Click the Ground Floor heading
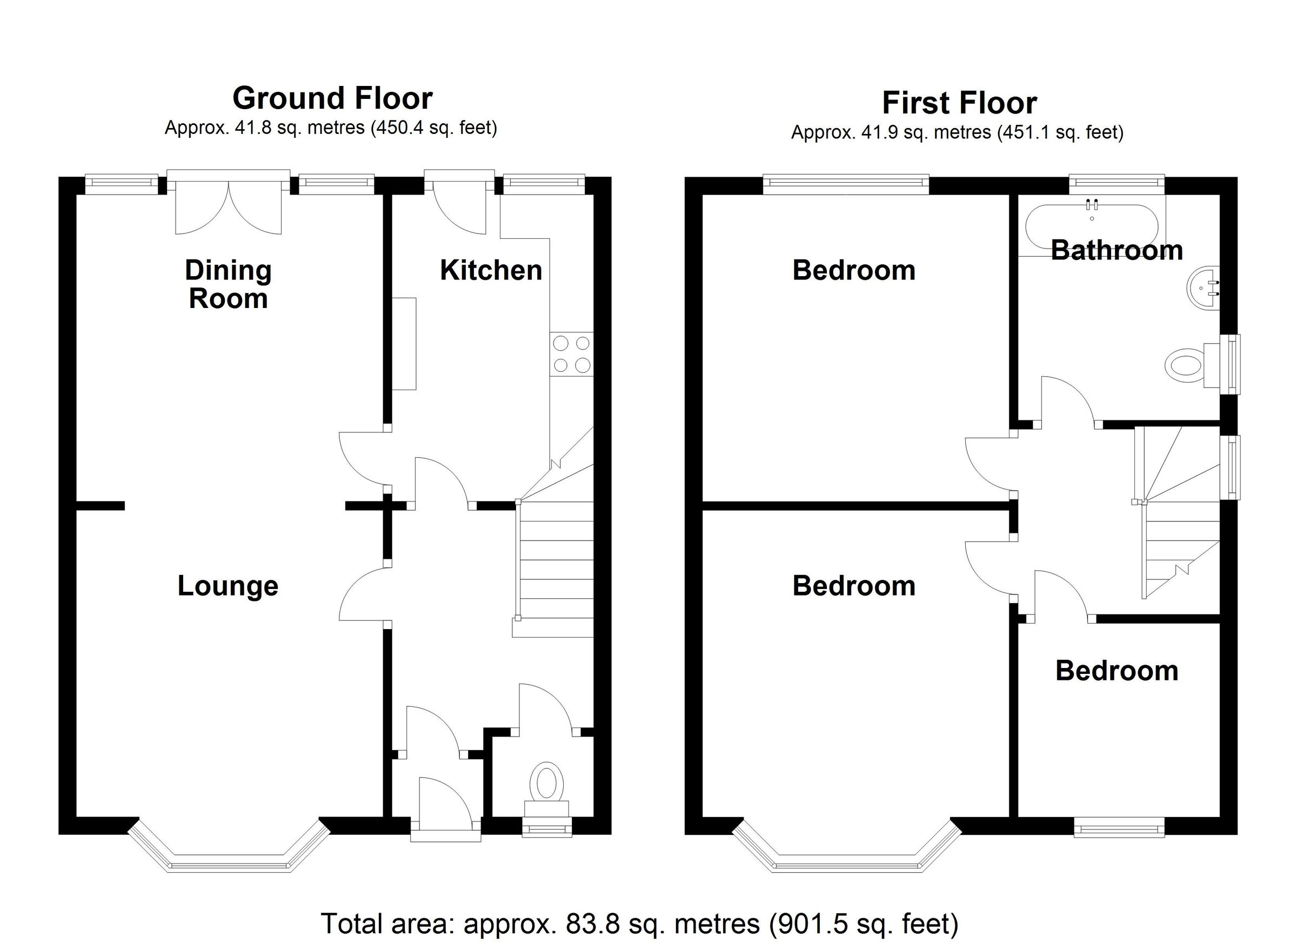(332, 98)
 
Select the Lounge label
(228, 586)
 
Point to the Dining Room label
(228, 284)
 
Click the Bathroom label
(1117, 250)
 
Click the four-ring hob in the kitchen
(571, 354)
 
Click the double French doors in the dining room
(228, 206)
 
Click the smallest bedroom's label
(1117, 671)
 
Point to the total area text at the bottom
(639, 923)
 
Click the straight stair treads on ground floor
(556, 560)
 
